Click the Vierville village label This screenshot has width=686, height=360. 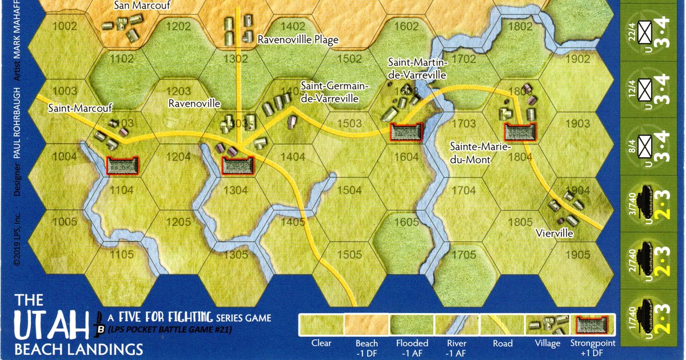pos(555,233)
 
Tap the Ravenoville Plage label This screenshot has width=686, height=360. pos(298,40)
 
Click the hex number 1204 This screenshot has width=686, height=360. pos(179,157)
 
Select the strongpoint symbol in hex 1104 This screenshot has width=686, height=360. pos(123,165)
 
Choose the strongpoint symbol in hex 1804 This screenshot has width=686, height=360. pos(520,132)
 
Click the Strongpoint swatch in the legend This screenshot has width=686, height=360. pos(593,326)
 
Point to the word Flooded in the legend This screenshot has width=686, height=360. pos(412,343)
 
